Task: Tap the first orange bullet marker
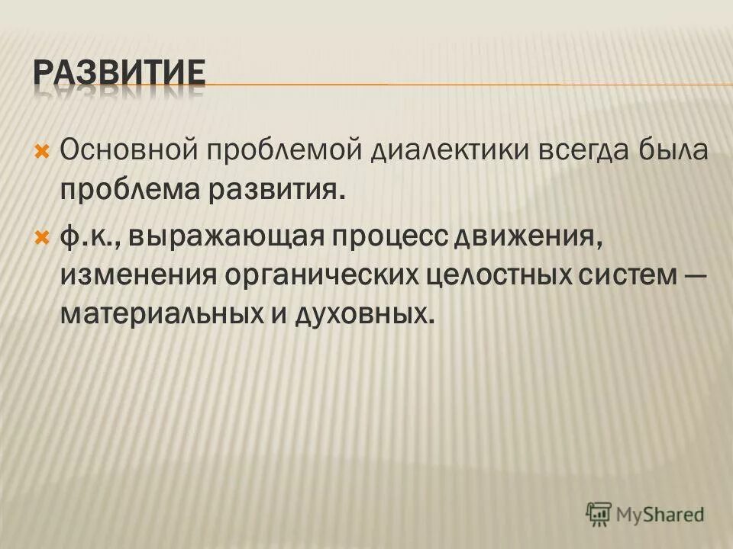(42, 147)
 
